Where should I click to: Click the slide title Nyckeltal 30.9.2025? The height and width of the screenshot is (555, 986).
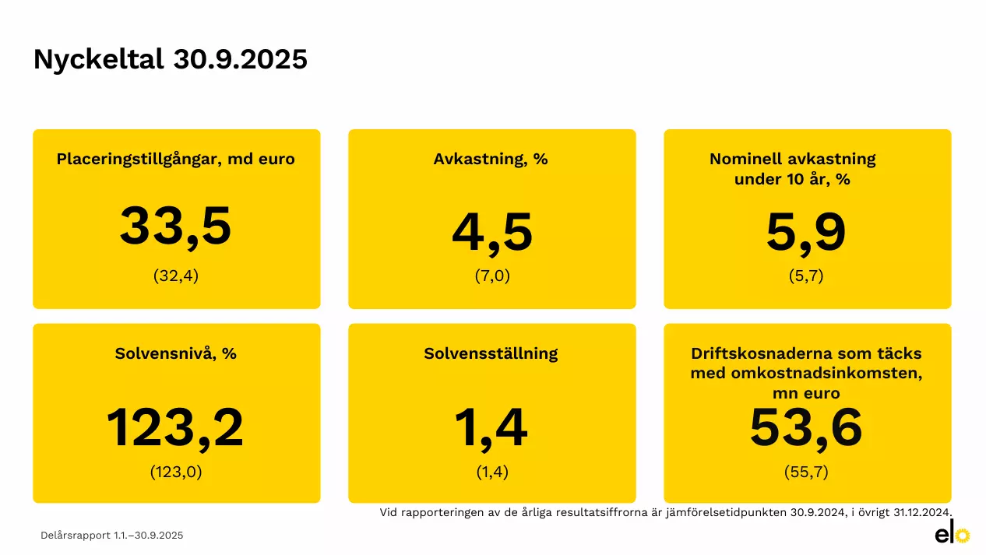point(170,60)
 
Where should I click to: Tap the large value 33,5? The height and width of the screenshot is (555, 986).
point(176,227)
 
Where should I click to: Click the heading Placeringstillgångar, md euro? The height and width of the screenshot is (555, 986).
point(176,160)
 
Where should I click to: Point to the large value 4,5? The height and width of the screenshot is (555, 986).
point(492,233)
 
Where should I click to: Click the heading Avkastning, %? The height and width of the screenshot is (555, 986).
point(491,160)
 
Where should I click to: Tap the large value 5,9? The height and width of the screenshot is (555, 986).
point(806,233)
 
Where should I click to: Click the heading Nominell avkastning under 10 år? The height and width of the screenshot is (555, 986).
point(793,169)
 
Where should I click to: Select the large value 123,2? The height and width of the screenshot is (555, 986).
point(175,428)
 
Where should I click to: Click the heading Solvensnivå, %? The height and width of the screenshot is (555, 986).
point(176,353)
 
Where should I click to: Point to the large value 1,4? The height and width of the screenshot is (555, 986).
point(491,428)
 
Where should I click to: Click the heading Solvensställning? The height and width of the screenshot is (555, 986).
point(491,353)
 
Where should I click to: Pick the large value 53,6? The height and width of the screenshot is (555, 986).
point(806,428)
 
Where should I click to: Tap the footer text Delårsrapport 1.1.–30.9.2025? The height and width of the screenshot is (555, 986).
point(112,536)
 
